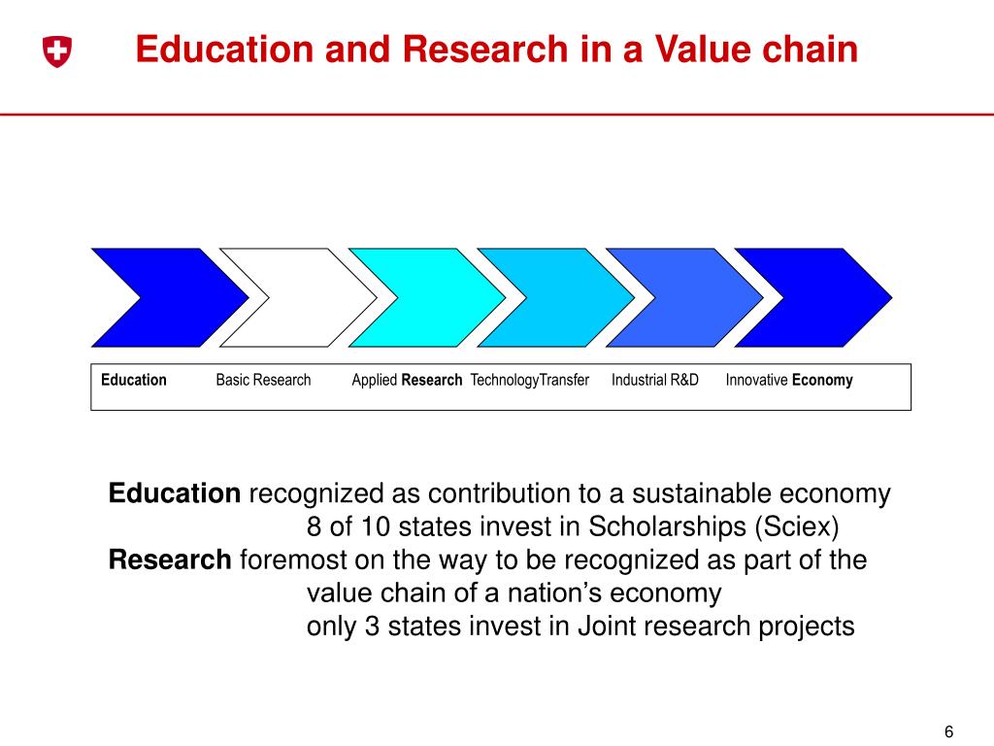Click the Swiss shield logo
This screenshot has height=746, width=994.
57,52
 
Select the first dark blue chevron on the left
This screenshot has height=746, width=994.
160,297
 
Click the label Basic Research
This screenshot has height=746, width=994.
263,380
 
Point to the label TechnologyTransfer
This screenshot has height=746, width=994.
529,380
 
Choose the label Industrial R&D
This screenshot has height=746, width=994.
654,380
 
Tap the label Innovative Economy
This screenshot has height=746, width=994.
788,380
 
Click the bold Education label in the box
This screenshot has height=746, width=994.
134,380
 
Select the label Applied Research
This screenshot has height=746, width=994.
407,380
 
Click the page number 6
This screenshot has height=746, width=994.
948,731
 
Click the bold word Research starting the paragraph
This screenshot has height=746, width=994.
170,560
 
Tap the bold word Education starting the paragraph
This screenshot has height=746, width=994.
175,494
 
